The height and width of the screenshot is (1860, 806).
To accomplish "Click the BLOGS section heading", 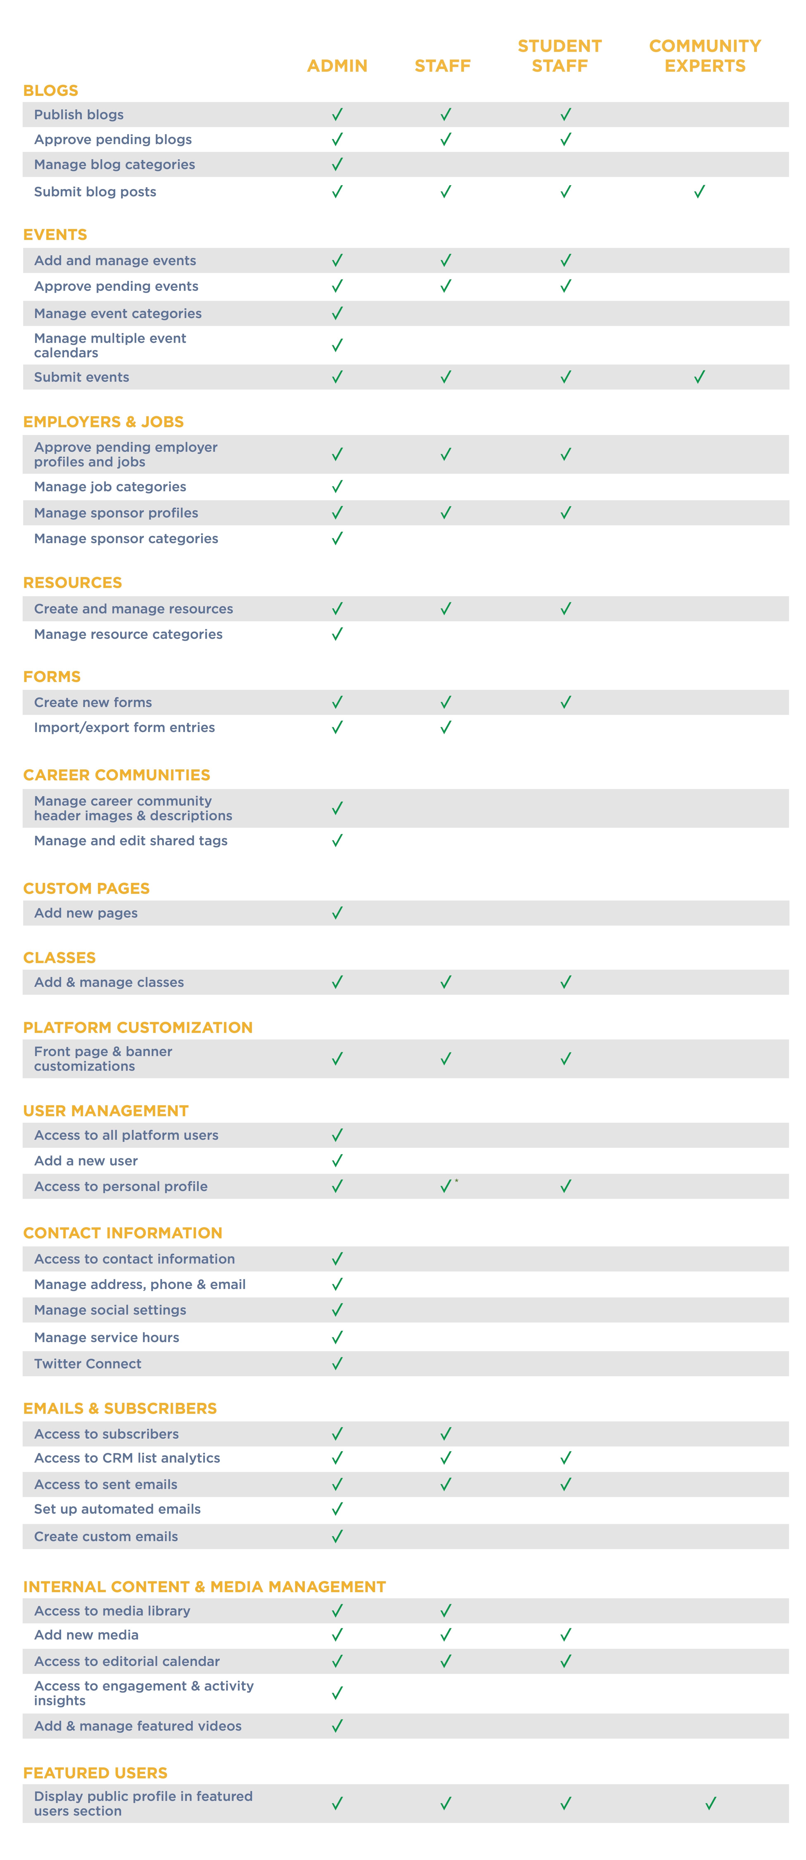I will pyautogui.click(x=51, y=90).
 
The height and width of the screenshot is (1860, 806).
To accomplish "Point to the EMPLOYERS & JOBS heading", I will pyautogui.click(x=103, y=422).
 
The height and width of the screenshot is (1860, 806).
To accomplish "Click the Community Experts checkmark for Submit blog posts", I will pyautogui.click(x=699, y=191).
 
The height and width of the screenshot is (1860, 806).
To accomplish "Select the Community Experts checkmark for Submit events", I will pyautogui.click(x=699, y=377).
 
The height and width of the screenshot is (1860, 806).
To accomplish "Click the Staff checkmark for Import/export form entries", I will pyautogui.click(x=446, y=727).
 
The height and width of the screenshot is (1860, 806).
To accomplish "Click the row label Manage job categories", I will pyautogui.click(x=110, y=487).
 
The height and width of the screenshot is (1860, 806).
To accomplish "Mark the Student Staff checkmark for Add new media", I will pyautogui.click(x=565, y=1635).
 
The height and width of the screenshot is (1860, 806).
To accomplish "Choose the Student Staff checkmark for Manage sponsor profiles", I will pyautogui.click(x=565, y=513).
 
